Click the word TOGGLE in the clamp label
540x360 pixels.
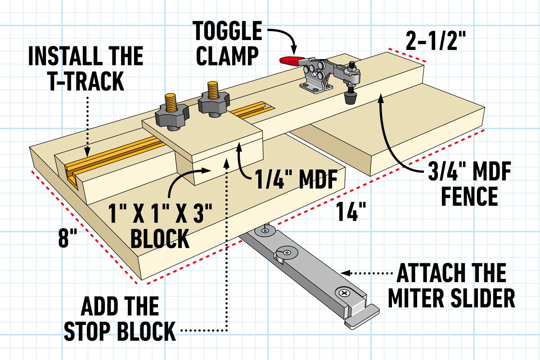227,32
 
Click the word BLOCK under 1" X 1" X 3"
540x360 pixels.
160,239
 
